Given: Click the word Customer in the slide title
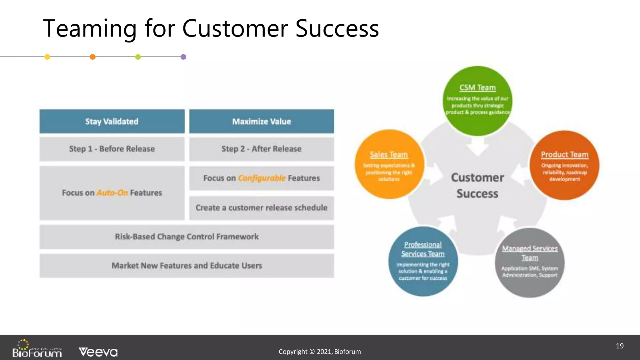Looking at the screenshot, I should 235,29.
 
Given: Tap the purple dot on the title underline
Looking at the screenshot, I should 183,57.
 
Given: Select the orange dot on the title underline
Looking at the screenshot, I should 92,57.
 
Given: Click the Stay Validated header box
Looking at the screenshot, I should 112,122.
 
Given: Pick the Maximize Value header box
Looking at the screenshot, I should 262,122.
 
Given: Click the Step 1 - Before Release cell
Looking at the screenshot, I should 112,149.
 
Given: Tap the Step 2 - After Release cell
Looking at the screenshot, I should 262,149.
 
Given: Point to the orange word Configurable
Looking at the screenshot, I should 262,178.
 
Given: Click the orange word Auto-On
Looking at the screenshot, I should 112,193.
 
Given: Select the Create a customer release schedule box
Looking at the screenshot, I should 262,208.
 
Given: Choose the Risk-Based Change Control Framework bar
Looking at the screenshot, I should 187,237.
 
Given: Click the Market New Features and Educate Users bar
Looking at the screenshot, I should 187,266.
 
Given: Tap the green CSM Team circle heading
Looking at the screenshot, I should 477,88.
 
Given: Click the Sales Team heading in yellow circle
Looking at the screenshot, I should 389,155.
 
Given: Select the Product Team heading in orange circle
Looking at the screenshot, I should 564,155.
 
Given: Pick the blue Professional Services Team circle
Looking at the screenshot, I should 423,261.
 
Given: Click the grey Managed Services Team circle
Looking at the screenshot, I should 530,262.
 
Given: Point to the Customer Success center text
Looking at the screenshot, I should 477,185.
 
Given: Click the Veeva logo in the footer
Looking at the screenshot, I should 98,352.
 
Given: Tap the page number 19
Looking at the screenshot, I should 619,346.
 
